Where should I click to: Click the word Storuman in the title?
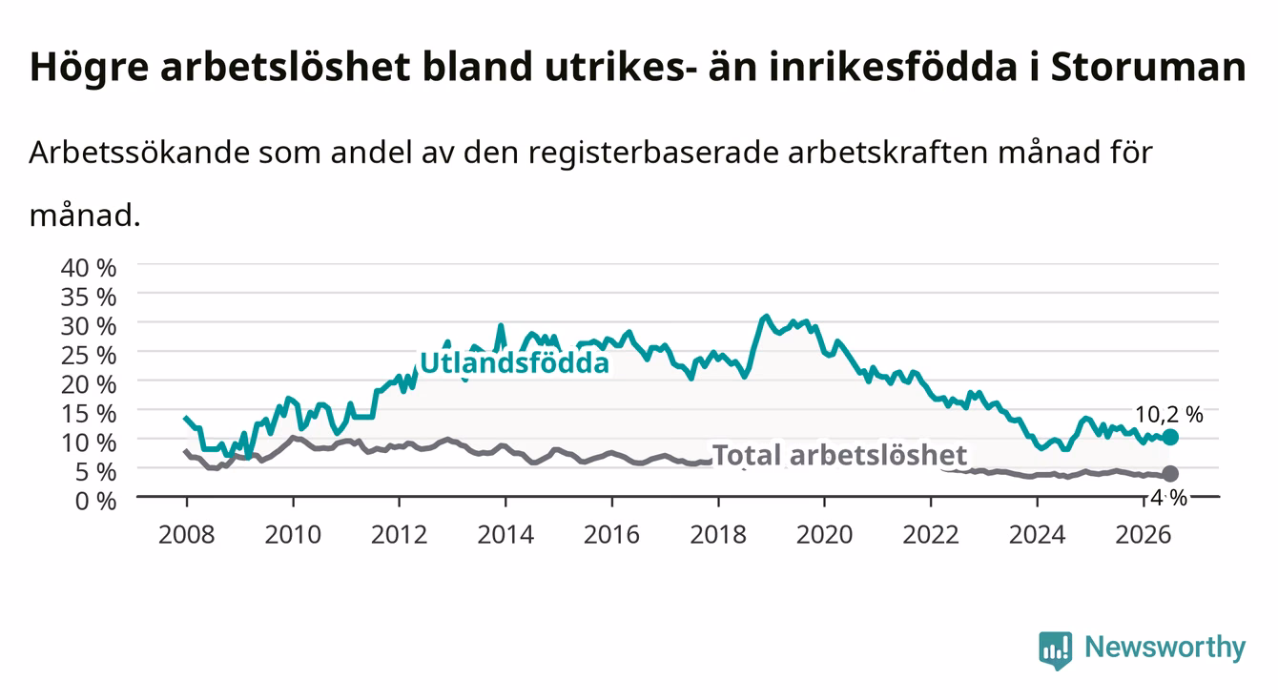(x=1148, y=68)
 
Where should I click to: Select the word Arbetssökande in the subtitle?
(x=139, y=153)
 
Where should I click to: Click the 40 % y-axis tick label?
(x=89, y=268)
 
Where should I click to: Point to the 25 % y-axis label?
(x=89, y=356)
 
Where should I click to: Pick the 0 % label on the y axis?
(x=95, y=501)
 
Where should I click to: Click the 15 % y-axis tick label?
(x=89, y=414)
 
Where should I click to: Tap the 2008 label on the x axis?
(x=187, y=535)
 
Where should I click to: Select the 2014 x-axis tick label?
(x=505, y=535)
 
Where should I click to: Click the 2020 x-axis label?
(x=824, y=535)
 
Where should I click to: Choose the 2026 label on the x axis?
(x=1144, y=535)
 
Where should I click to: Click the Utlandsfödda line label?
(x=515, y=362)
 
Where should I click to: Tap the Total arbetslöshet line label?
(x=840, y=455)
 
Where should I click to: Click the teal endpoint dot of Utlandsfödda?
(x=1170, y=437)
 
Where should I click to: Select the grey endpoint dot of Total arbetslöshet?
(x=1170, y=474)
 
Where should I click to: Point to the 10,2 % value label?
(x=1168, y=415)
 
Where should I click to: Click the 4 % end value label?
(x=1168, y=498)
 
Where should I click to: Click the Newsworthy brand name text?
(x=1165, y=648)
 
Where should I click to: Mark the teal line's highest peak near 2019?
(x=766, y=316)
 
